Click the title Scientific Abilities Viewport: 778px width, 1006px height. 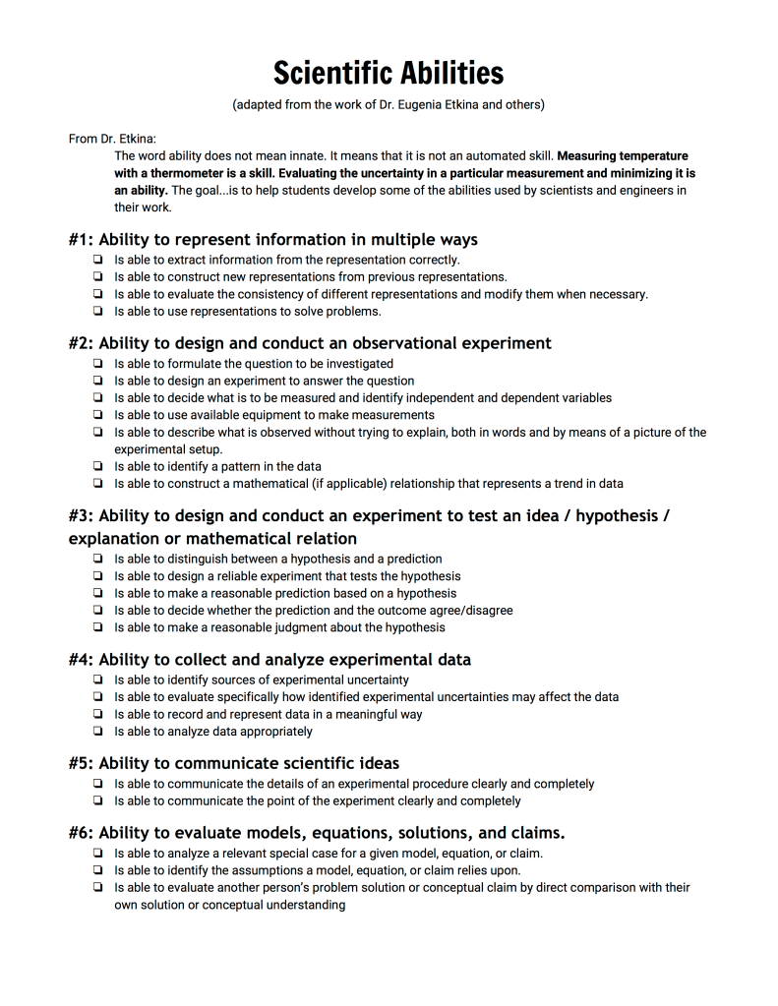click(389, 72)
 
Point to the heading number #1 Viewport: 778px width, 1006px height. click(81, 240)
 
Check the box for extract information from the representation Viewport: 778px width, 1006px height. click(98, 261)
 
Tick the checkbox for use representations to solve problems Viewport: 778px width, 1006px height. click(98, 312)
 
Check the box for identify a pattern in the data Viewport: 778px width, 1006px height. click(98, 466)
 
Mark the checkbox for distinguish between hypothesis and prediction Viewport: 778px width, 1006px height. click(98, 559)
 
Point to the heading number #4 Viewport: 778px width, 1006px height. click(81, 659)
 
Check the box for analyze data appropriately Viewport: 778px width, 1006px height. click(98, 732)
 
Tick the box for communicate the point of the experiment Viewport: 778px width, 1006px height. click(98, 801)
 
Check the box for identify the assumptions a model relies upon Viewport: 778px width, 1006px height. click(98, 870)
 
